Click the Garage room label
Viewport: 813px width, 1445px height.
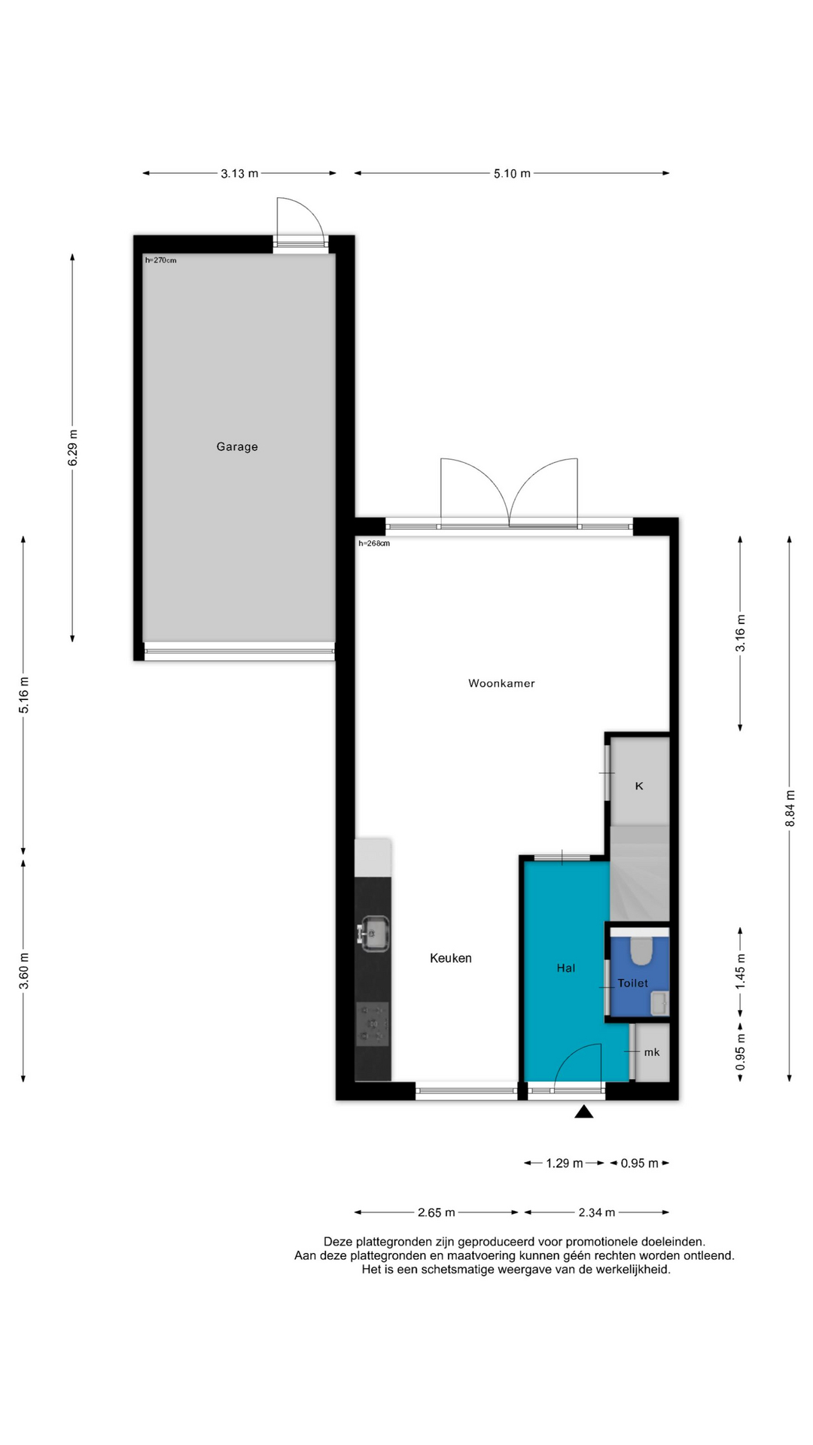coord(237,446)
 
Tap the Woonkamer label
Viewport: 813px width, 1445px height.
coord(501,683)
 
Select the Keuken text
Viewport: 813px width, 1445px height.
coord(451,958)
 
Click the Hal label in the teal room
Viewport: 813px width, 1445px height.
coord(566,968)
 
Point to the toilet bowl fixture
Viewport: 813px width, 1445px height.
coord(641,951)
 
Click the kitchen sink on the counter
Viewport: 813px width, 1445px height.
coord(373,933)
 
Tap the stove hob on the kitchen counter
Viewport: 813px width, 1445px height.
coord(373,1024)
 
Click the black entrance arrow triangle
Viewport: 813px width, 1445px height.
coord(584,1111)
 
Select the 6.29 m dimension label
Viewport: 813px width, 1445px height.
coord(73,448)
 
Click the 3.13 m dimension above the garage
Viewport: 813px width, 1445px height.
coord(239,174)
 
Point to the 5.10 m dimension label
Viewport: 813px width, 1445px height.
coord(512,174)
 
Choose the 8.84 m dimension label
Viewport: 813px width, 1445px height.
coord(790,809)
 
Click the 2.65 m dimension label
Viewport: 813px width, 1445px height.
coord(437,1212)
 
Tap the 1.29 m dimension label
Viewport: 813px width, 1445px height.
coord(565,1164)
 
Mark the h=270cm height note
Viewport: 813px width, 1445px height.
coord(160,260)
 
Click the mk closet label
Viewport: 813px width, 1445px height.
coord(652,1052)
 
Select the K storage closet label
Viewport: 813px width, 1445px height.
coord(639,786)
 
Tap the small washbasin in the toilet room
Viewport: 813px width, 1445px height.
coord(659,1002)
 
